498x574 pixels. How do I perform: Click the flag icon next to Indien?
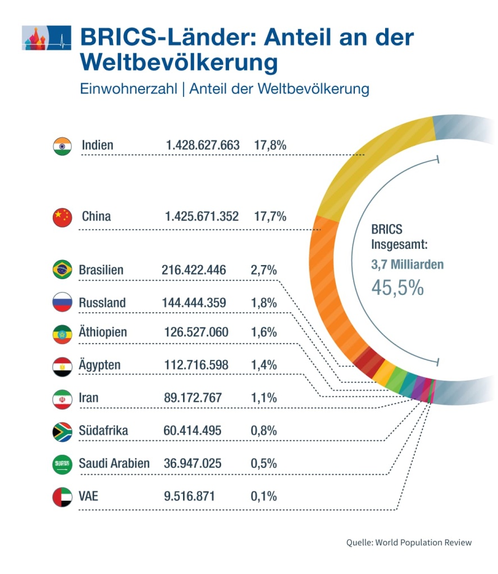click(62, 146)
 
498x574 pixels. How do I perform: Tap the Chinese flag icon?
click(62, 217)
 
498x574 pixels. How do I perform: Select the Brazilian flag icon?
click(62, 270)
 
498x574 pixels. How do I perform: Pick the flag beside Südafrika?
click(62, 431)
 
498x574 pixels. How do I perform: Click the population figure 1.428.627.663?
click(203, 146)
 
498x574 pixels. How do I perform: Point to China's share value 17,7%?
click(271, 216)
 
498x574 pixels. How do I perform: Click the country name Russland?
click(102, 303)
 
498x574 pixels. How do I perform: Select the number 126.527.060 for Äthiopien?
click(196, 332)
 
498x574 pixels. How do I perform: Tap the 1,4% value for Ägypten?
click(264, 365)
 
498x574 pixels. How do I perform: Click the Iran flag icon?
click(62, 399)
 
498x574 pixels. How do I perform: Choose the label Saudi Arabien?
click(114, 464)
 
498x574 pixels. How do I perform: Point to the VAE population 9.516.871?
click(189, 497)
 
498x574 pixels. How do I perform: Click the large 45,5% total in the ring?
click(398, 288)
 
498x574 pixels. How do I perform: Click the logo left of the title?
click(47, 38)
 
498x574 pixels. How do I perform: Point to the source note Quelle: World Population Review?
click(409, 543)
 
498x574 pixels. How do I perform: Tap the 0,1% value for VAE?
click(264, 497)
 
